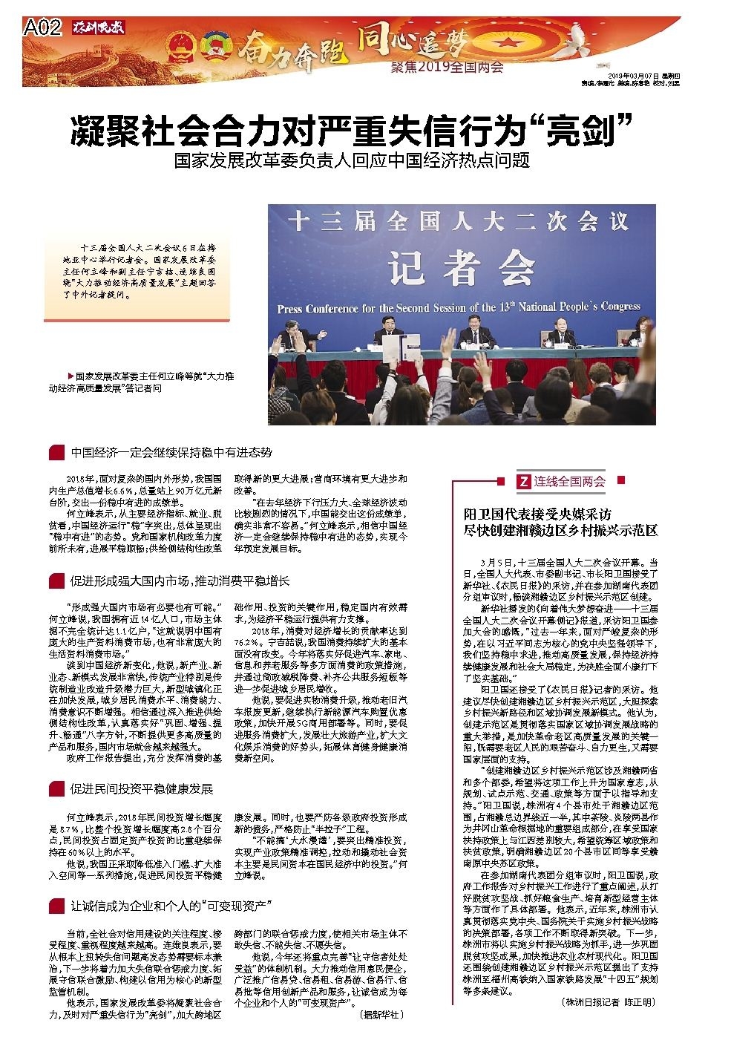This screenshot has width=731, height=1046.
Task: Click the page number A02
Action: point(42,28)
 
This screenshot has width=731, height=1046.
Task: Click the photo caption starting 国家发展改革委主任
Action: point(152,382)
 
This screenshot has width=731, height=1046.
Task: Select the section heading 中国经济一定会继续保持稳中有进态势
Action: point(171,452)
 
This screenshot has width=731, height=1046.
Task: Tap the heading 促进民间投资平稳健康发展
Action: point(141,788)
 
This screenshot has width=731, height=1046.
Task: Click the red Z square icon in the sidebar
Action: point(523,482)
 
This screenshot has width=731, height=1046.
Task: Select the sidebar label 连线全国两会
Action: point(570,482)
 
